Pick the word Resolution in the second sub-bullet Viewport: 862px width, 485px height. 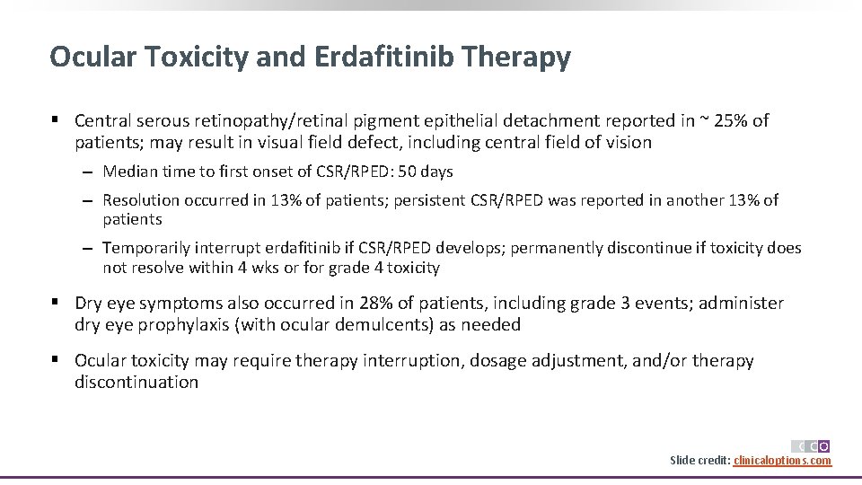(x=144, y=200)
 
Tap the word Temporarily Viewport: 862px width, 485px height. (x=148, y=248)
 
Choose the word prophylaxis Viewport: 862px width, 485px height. (x=187, y=325)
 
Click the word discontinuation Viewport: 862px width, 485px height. (x=136, y=383)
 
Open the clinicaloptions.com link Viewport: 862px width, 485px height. (x=782, y=461)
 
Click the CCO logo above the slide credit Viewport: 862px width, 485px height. (x=810, y=445)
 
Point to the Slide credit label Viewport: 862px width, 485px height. (x=699, y=461)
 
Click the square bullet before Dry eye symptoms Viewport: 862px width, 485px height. (x=56, y=304)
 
